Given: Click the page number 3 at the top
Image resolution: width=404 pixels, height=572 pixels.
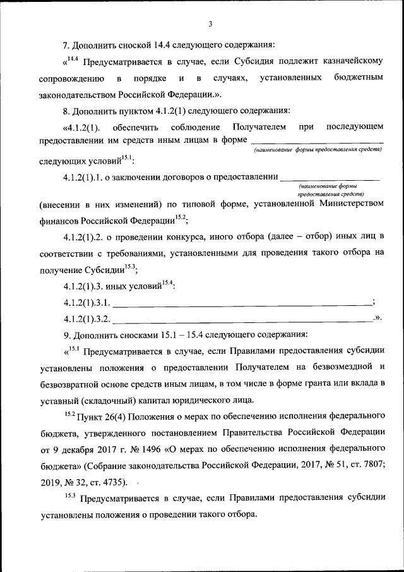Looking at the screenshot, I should [x=210, y=25].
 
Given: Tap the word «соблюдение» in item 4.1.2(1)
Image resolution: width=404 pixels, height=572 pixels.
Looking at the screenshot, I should [x=194, y=128].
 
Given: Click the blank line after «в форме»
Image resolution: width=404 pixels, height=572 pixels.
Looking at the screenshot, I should [x=317, y=140].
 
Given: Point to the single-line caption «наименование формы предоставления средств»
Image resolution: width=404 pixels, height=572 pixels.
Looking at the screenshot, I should [x=318, y=150].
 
